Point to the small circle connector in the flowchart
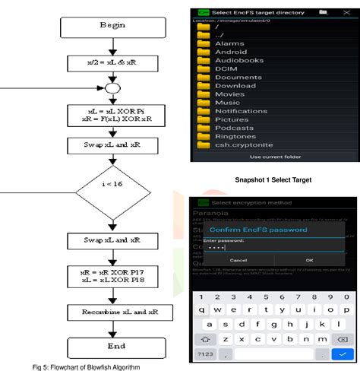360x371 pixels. pos(112,87)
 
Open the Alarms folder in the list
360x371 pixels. pos(230,44)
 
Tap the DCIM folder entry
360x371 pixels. pos(226,69)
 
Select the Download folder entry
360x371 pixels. pos(235,86)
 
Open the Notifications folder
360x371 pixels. pos(242,111)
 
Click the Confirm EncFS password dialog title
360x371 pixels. pos(257,229)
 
